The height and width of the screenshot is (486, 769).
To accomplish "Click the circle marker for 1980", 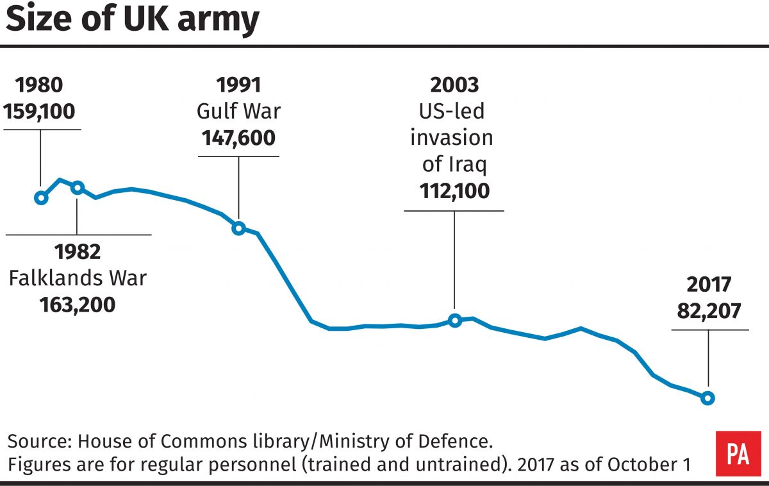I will point(41,198).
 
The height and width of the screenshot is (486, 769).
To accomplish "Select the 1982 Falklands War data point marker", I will point(78,188).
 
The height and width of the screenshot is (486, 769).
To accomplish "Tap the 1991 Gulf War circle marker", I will point(238,228).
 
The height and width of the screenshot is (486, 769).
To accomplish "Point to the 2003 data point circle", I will point(454,320).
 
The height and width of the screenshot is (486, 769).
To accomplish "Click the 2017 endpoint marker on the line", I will point(707,398).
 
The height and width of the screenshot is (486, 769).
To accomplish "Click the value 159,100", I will point(39,112).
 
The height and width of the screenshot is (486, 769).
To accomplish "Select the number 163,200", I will point(77,303).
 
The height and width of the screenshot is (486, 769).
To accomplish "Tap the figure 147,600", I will point(238,138).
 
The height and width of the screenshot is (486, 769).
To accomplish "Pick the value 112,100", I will point(454,191).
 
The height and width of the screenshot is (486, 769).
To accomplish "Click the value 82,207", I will point(709,311).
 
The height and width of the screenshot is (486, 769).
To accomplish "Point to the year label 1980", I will point(39,85).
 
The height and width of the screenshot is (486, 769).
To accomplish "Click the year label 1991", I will point(238,85).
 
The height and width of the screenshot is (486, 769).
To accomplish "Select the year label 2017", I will point(709,285).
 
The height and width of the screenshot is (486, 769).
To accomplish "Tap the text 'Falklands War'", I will point(77,278).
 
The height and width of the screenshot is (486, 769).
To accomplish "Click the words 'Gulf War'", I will point(238,112).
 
